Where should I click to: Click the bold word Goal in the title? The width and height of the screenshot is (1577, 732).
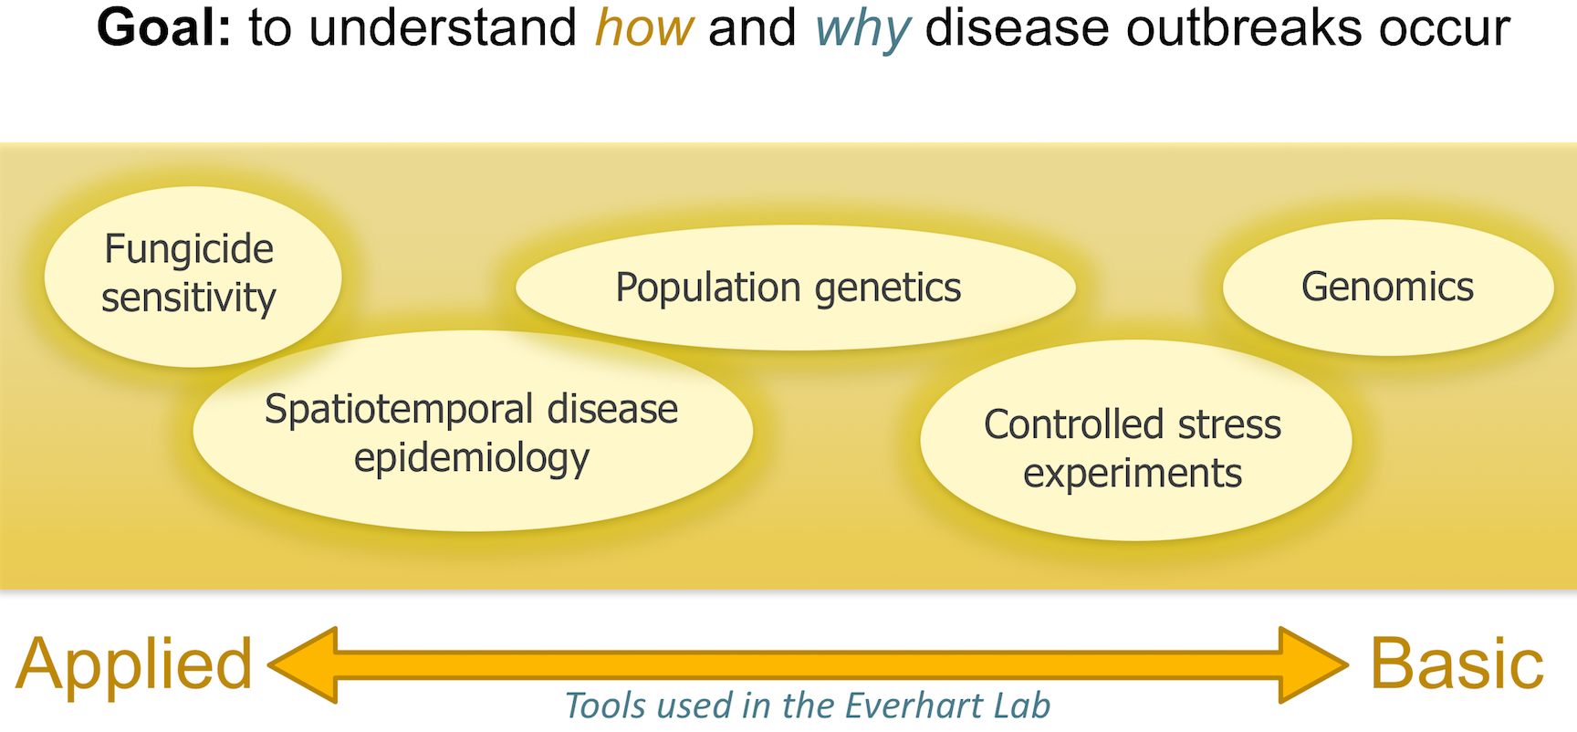tap(164, 28)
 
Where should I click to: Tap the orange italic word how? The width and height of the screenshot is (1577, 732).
tap(644, 28)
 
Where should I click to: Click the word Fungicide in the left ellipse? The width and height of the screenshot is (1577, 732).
tap(189, 249)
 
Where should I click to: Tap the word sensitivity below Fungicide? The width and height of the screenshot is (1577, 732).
tap(189, 298)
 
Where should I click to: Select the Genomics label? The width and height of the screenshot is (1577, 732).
tap(1387, 287)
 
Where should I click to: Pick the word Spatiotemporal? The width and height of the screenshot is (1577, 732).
tap(398, 410)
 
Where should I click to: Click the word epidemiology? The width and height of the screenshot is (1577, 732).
tap(472, 458)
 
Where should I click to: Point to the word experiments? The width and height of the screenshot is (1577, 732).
tap(1133, 474)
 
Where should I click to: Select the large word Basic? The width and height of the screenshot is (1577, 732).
tap(1457, 664)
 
